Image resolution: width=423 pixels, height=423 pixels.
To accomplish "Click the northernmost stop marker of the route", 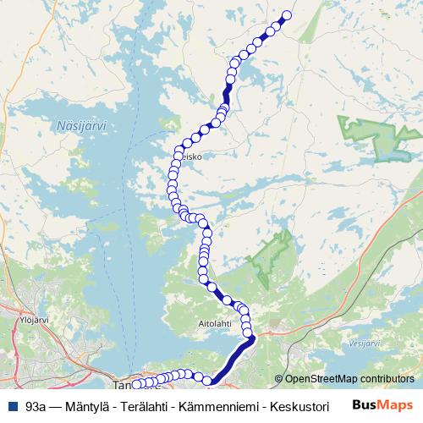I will click(x=286, y=14).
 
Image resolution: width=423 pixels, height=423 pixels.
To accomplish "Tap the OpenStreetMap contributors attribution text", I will click(x=349, y=379).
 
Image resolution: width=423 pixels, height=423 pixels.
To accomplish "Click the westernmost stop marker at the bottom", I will click(x=136, y=385).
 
